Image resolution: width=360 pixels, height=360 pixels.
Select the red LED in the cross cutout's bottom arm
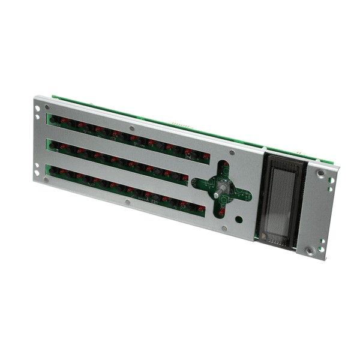[x=221, y=211]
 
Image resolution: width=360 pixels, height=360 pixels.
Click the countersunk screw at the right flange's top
[x=321, y=174]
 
